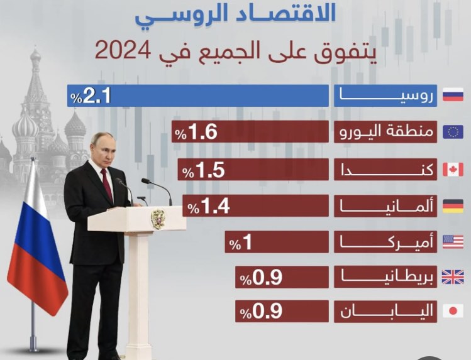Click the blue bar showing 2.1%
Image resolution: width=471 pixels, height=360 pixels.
pos(197,95)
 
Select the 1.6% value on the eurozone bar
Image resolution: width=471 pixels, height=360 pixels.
pos(196,132)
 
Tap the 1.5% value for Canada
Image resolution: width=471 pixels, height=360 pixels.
pos(203,170)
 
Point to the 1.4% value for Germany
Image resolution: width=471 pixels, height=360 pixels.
pos(209,206)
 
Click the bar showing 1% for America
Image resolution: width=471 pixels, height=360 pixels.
pos(277,242)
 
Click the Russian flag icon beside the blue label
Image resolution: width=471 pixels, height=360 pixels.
pos(453,95)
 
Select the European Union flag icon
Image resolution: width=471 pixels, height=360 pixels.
pos(453,132)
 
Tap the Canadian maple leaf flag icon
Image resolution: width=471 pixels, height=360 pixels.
pos(453,170)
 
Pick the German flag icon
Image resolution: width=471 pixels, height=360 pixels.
pos(453,206)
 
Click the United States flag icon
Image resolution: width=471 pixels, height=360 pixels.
pos(453,242)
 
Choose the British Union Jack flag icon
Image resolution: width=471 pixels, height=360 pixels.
pos(453,277)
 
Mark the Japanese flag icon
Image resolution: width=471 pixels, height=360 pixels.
pos(453,311)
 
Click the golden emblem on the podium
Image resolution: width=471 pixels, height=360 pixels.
pos(158,219)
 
